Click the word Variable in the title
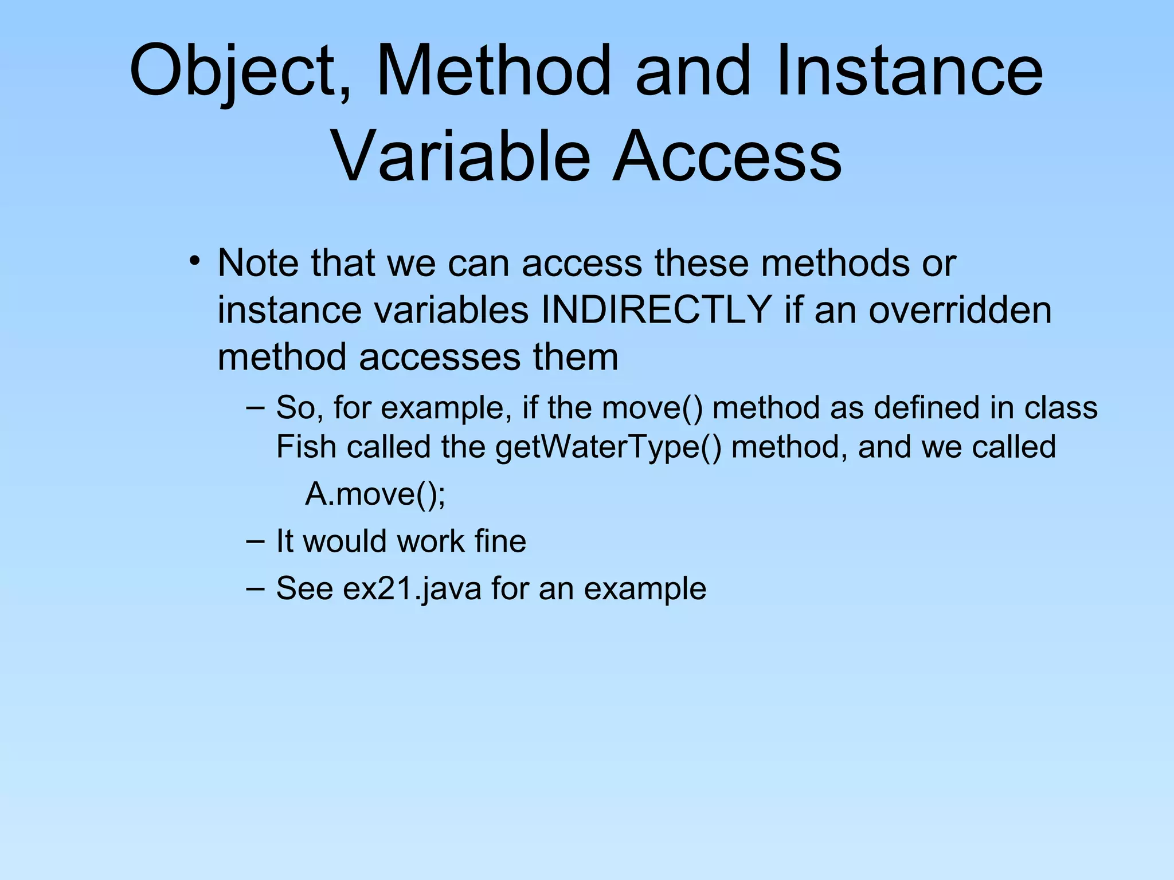(x=461, y=156)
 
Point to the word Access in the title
(x=727, y=156)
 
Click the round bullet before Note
(x=195, y=262)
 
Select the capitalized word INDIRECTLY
(x=656, y=310)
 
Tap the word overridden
(x=960, y=310)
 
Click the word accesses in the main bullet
(x=440, y=357)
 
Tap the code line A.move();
(x=375, y=494)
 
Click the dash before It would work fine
(x=255, y=541)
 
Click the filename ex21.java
(x=412, y=588)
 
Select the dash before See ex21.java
(x=255, y=588)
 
